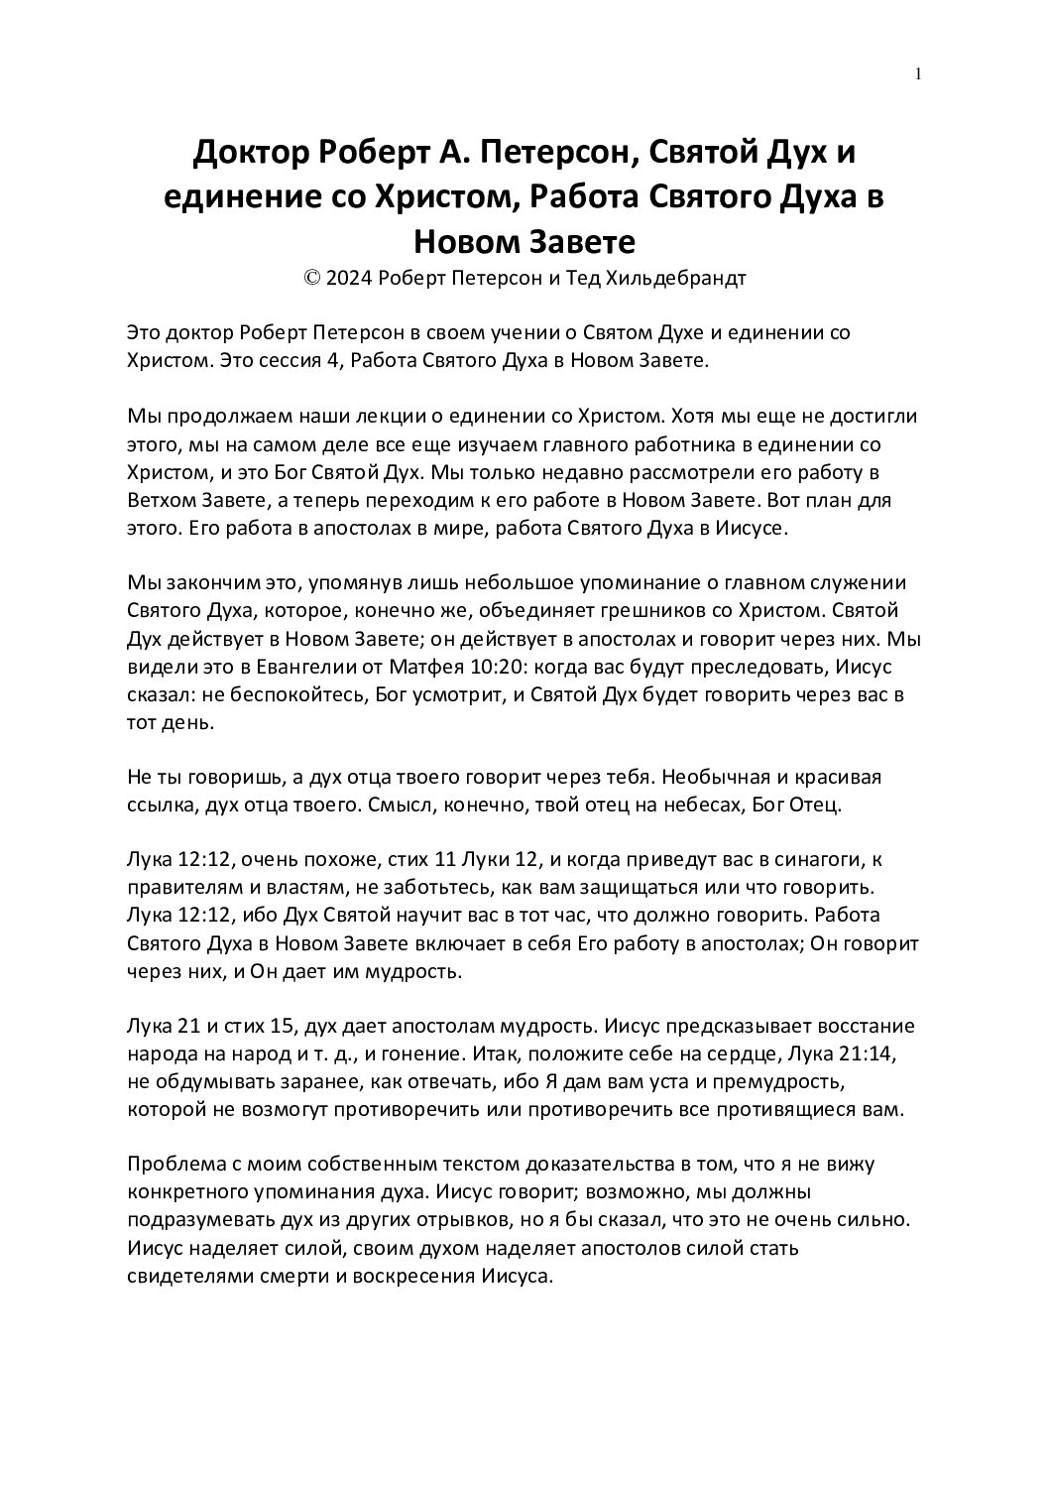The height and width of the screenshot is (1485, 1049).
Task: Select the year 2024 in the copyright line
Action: (349, 279)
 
